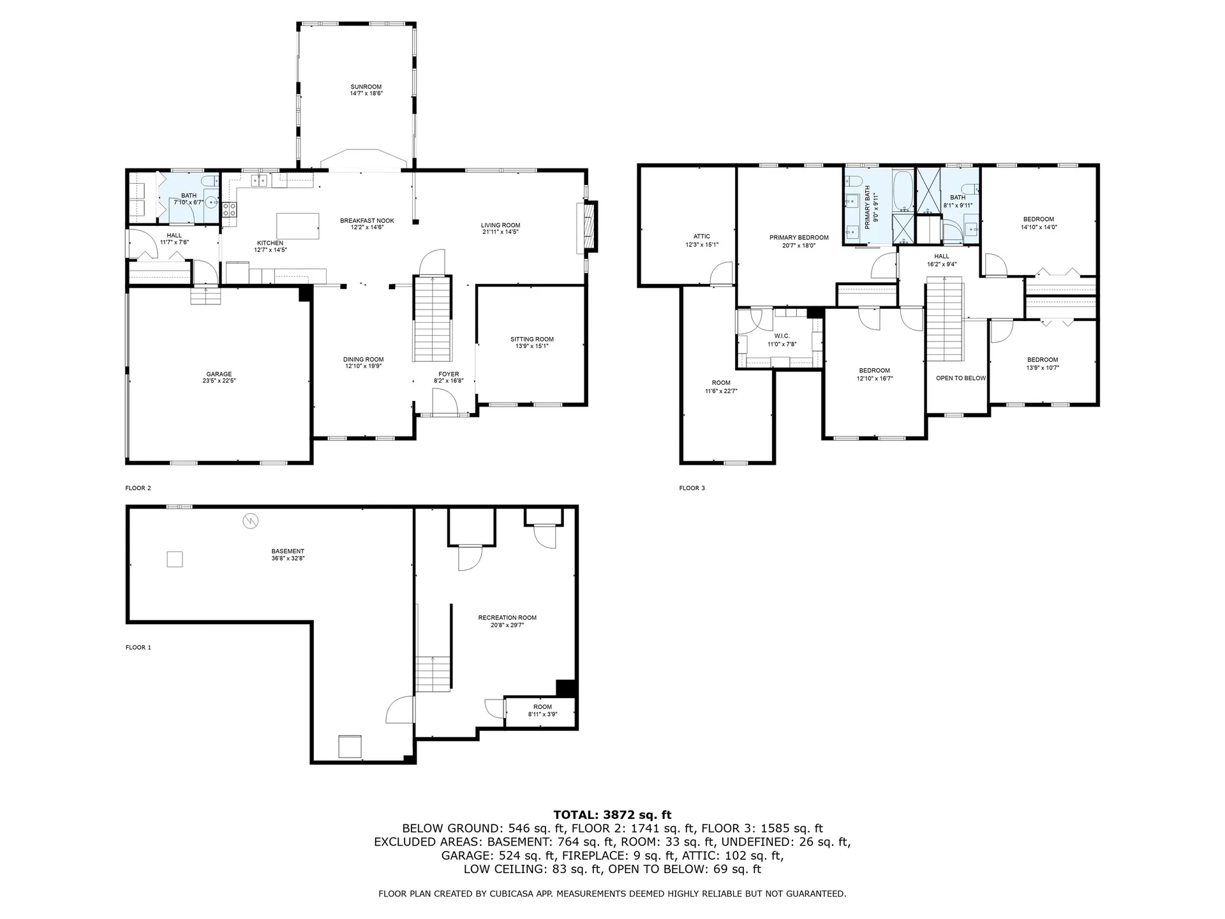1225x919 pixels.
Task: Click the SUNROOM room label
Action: pyautogui.click(x=366, y=87)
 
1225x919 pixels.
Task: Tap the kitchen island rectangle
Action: pyautogui.click(x=297, y=226)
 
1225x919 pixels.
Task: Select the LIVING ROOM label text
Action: pyautogui.click(x=501, y=225)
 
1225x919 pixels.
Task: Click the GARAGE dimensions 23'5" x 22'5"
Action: pyautogui.click(x=219, y=381)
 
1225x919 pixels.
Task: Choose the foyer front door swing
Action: pyautogui.click(x=445, y=401)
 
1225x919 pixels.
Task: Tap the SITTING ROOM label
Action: pyautogui.click(x=532, y=340)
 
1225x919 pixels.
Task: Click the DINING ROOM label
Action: pyautogui.click(x=364, y=359)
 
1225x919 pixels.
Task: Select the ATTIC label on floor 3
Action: pyautogui.click(x=702, y=237)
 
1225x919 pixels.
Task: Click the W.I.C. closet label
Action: pyautogui.click(x=782, y=336)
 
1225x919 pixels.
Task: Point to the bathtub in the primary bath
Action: pyautogui.click(x=903, y=190)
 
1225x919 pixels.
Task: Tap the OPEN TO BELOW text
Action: pyautogui.click(x=961, y=378)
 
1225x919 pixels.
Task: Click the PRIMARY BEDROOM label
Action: pyautogui.click(x=799, y=238)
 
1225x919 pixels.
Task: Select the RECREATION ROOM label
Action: pyautogui.click(x=507, y=618)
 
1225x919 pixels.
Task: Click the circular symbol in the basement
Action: pyautogui.click(x=251, y=521)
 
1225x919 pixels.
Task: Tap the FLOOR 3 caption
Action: pyautogui.click(x=692, y=488)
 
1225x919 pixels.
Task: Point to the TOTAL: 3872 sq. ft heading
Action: pyautogui.click(x=612, y=815)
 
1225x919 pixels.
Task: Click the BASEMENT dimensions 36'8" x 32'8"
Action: pyautogui.click(x=288, y=558)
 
